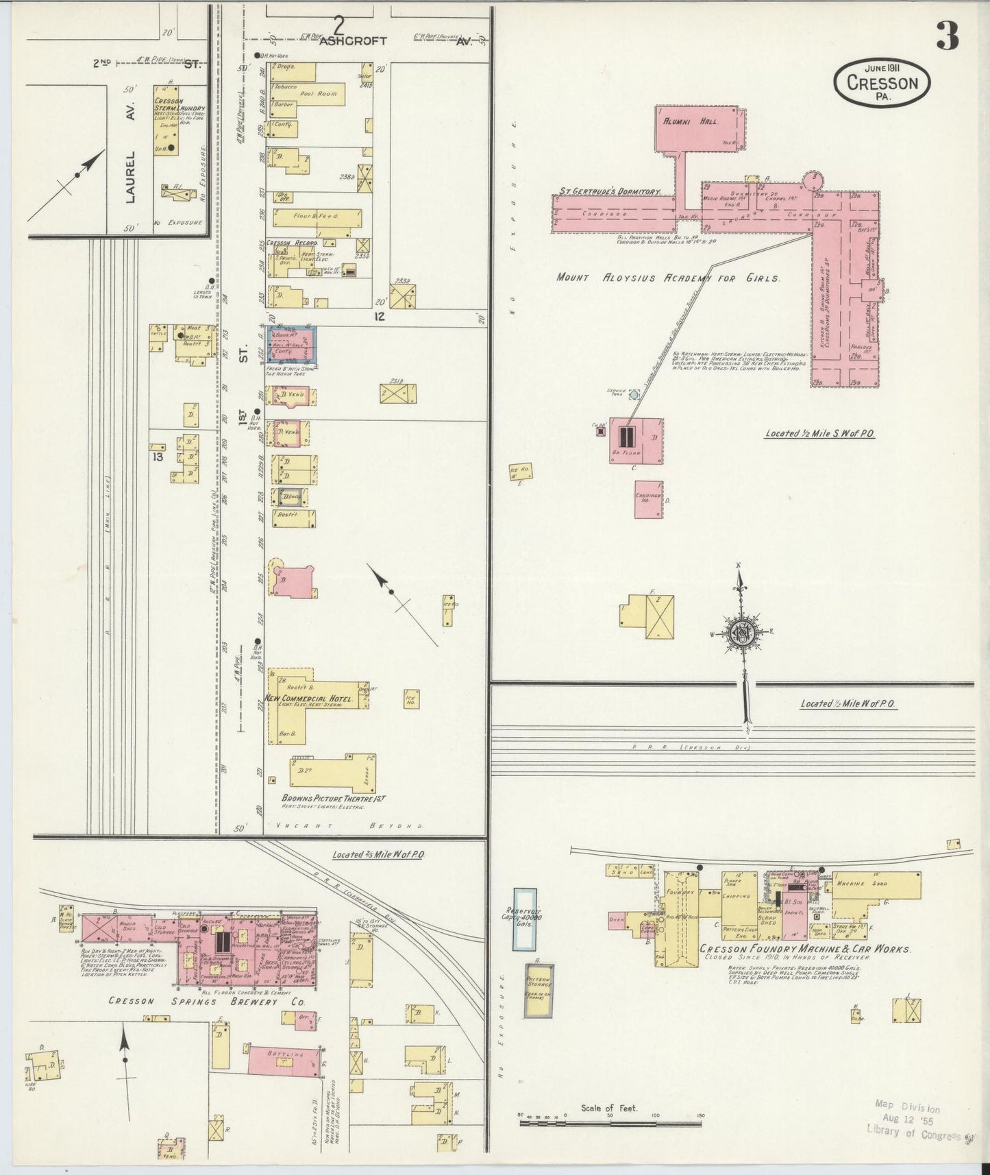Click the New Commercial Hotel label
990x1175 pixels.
click(308, 699)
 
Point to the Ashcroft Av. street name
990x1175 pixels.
click(363, 40)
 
